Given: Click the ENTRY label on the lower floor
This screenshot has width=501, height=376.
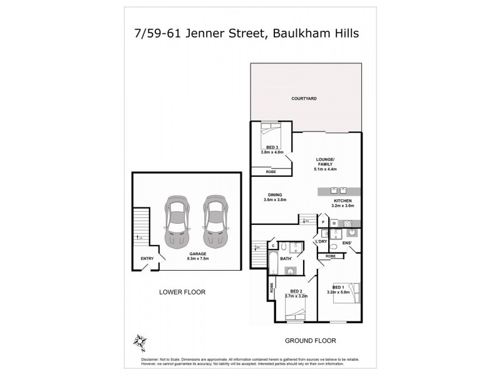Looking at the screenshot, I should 147,258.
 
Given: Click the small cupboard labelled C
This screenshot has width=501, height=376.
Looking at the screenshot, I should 265,246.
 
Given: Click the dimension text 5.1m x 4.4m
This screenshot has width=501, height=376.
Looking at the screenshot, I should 326,169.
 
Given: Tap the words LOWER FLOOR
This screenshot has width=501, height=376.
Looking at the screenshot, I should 182,292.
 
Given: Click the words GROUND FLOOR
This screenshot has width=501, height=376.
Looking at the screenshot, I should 311,341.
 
